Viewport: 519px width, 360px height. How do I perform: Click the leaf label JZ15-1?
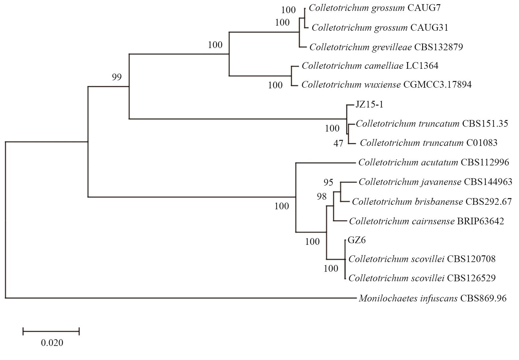369,105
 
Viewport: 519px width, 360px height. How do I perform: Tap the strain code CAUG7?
424,8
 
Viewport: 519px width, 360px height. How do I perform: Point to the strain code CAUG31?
429,28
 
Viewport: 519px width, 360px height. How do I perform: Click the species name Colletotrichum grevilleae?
360,47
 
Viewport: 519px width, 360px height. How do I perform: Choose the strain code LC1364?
422,66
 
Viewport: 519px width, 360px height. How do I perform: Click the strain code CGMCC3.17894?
437,85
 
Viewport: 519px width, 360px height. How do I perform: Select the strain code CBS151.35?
485,124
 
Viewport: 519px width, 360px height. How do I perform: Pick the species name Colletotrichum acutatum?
408,163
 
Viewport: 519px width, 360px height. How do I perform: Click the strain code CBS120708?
471,259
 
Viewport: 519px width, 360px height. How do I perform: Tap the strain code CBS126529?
471,278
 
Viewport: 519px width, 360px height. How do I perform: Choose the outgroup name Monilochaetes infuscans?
408,299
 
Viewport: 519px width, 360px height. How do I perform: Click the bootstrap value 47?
338,143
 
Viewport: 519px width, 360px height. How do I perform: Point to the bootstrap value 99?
117,77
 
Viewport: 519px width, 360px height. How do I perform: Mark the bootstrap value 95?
328,182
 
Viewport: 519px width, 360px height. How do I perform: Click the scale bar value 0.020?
52,343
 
